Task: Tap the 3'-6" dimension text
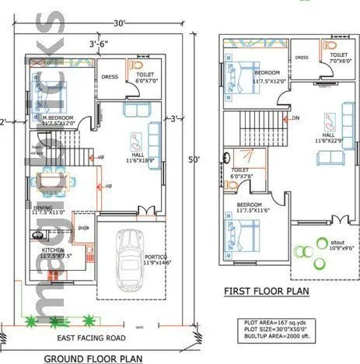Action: tap(98, 44)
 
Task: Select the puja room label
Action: tap(83, 227)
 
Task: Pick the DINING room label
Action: tap(43, 208)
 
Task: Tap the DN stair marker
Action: tap(295, 118)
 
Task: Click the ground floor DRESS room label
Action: tap(109, 76)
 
